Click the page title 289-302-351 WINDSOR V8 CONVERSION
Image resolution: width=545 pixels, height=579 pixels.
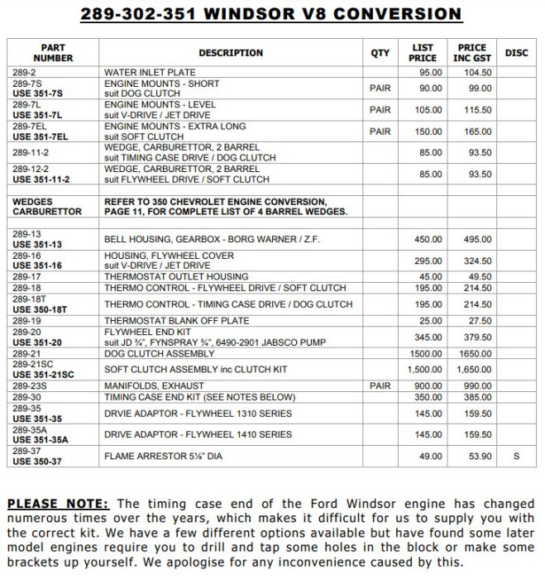coord(272,14)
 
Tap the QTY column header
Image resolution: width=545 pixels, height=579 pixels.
coord(380,53)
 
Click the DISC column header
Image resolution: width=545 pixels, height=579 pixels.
coord(515,53)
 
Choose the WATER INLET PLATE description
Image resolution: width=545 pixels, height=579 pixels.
coord(150,73)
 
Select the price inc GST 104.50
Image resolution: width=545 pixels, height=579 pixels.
coord(476,73)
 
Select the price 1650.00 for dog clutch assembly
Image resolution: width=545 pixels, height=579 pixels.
coord(475,353)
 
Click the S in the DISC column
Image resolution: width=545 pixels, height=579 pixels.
coord(515,455)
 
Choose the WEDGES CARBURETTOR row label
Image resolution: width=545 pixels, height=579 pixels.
coord(45,206)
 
